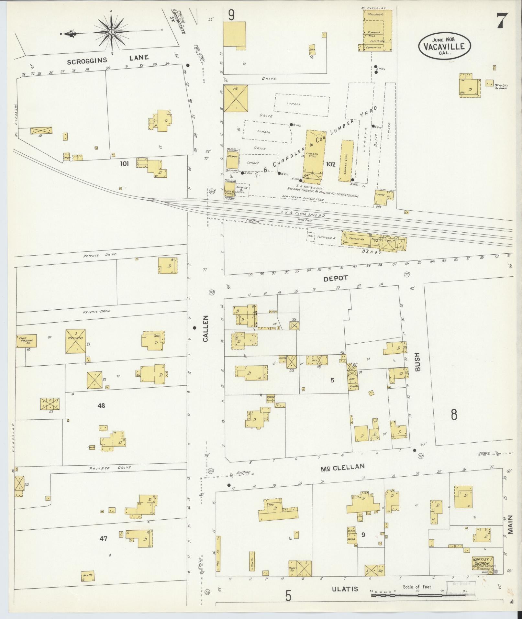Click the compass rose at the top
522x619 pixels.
[x=111, y=32]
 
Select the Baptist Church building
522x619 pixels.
[x=483, y=563]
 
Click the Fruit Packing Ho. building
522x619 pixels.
[x=26, y=341]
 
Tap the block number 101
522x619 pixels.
[x=124, y=164]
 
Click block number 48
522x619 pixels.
[x=101, y=405]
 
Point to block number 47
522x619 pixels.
[x=103, y=539]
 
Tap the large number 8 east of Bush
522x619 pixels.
[x=454, y=415]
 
